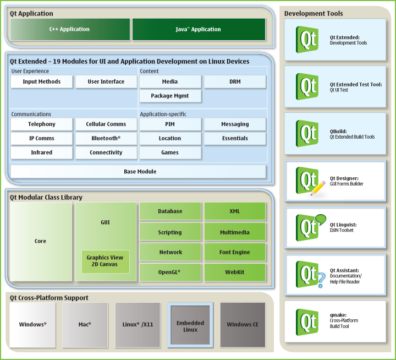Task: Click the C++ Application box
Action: pyautogui.click(x=70, y=30)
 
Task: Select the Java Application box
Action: pyautogui.click(x=199, y=30)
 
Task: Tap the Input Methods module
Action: pyautogui.click(x=41, y=82)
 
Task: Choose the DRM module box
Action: pyautogui.click(x=235, y=82)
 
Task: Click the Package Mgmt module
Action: pyautogui.click(x=170, y=96)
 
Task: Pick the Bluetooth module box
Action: pyautogui.click(x=106, y=139)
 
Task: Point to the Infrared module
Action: pyautogui.click(x=41, y=152)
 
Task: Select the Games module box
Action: pyautogui.click(x=170, y=152)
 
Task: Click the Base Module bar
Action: pyautogui.click(x=140, y=172)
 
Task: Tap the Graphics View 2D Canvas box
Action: pyautogui.click(x=105, y=261)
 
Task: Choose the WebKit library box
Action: pyautogui.click(x=235, y=272)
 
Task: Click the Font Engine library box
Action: pyautogui.click(x=235, y=253)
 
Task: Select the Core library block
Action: pyautogui.click(x=41, y=242)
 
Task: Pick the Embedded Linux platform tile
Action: pyautogui.click(x=190, y=325)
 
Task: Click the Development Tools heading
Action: pyautogui.click(x=313, y=14)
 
